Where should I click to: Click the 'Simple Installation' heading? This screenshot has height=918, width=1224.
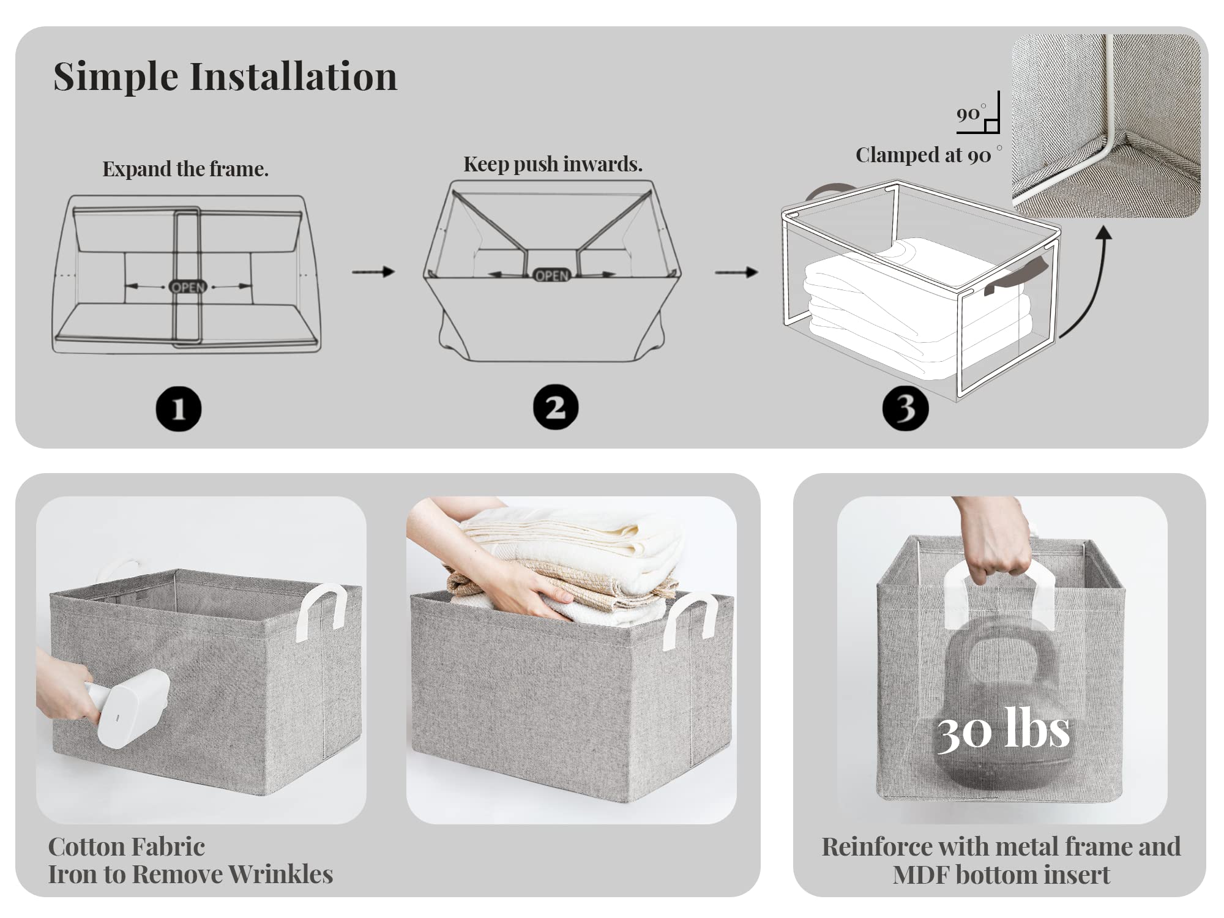(x=225, y=76)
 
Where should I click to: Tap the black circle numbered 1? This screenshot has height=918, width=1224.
(x=178, y=409)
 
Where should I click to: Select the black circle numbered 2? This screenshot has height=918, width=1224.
(x=555, y=407)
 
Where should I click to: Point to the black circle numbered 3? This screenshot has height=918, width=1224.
(x=905, y=408)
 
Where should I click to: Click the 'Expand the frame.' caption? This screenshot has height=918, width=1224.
(x=185, y=169)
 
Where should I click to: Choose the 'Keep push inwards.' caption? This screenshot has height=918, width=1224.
(x=553, y=164)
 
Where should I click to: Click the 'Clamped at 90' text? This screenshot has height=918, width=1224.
(x=923, y=155)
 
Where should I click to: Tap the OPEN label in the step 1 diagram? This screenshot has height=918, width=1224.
(x=188, y=287)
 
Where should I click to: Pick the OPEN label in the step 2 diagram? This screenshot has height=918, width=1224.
(x=551, y=275)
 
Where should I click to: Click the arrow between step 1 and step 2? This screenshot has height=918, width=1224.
(x=373, y=271)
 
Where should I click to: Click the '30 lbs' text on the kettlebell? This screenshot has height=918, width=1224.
(x=1004, y=730)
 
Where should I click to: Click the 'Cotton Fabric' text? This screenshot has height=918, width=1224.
(x=126, y=847)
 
